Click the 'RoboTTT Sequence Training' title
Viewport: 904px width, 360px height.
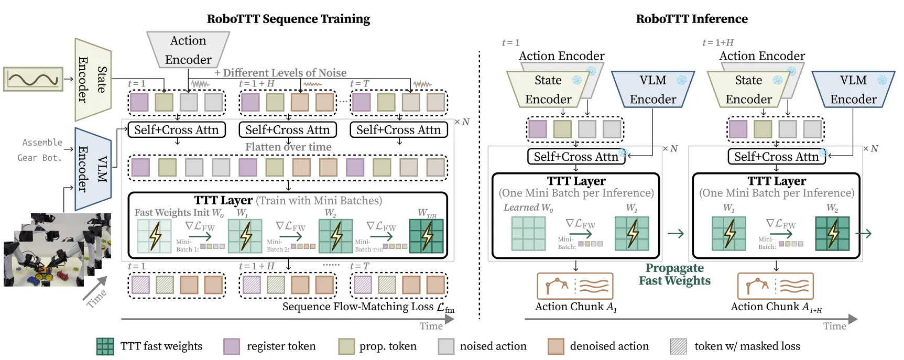[x=288, y=19]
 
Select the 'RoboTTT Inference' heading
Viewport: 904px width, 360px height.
[x=692, y=19]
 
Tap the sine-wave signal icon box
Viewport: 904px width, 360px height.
[x=33, y=79]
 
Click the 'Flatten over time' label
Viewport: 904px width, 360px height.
[x=288, y=147]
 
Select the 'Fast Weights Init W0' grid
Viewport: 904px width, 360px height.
[x=154, y=236]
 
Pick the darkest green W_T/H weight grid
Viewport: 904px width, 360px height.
[x=427, y=236]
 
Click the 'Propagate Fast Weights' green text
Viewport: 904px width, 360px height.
[x=674, y=274]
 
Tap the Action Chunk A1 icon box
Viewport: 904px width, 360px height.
[x=575, y=286]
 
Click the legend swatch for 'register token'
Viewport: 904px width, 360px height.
[x=232, y=346]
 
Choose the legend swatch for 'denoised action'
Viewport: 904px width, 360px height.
[x=556, y=346]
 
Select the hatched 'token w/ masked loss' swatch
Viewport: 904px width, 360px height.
[x=679, y=346]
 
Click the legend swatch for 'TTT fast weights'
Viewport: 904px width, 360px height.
[x=105, y=346]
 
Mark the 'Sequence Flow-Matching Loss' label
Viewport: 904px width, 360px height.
[x=368, y=307]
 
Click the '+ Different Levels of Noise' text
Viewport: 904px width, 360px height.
[x=280, y=73]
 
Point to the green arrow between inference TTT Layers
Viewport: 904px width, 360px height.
[x=676, y=233]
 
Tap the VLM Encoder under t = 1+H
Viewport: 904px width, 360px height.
[x=853, y=90]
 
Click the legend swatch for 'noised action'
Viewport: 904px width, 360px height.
[x=446, y=346]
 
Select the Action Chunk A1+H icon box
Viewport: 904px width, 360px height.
[x=776, y=286]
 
